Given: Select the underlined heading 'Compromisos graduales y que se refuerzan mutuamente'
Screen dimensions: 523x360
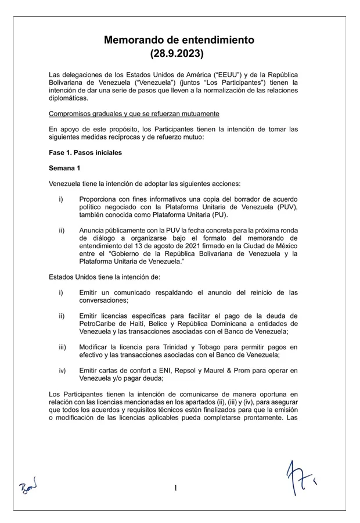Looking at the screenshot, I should (x=134, y=113).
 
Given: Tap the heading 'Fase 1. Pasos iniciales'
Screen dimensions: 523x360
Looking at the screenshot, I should (x=85, y=153).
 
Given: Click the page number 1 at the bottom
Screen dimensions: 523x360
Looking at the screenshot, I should (x=175, y=488).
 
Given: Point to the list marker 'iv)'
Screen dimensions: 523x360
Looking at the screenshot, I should (x=62, y=370).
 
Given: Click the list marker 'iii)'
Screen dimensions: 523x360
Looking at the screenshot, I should (x=62, y=347).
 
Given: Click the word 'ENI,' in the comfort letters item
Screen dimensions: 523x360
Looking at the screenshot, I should (x=152, y=370).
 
